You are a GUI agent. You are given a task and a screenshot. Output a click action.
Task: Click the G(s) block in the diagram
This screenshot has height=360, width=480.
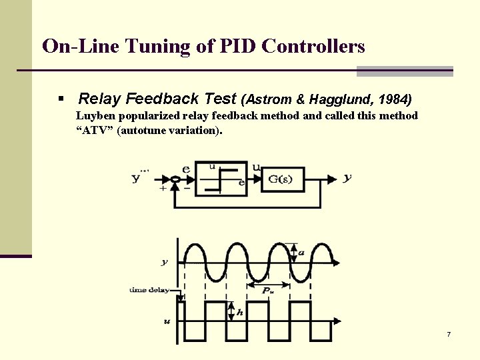point(282,179)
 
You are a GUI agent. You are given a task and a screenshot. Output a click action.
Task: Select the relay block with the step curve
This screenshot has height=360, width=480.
point(221,179)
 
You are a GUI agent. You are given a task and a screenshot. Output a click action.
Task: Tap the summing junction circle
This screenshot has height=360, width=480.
point(175,179)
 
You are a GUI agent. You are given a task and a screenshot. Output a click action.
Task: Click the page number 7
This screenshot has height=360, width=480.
point(449,333)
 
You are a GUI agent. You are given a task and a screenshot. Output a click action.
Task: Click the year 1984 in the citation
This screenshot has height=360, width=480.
point(393,99)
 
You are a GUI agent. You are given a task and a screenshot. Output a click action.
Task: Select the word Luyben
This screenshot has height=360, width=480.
point(95,116)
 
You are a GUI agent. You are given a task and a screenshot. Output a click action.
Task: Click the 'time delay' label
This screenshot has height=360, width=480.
point(149,290)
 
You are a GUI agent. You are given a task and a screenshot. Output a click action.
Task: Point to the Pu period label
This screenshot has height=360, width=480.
point(267,291)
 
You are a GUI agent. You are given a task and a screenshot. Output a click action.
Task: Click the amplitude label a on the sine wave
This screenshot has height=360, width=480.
point(302,252)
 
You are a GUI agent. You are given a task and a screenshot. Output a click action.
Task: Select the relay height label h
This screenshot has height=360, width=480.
point(239,311)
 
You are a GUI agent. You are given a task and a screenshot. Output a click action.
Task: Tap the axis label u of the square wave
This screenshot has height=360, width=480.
point(166,321)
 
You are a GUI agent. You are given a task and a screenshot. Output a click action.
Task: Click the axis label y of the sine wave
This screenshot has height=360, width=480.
point(165,262)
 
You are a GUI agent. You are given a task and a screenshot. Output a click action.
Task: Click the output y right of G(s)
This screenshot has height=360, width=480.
point(347,178)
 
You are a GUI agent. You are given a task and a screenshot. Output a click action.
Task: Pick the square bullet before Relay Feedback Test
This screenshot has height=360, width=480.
point(61,99)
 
